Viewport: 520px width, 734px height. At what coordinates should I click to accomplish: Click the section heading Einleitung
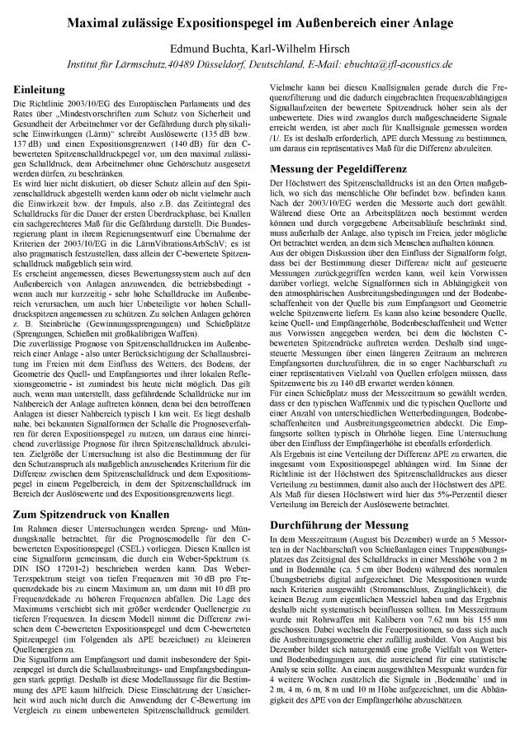tap(39, 87)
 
